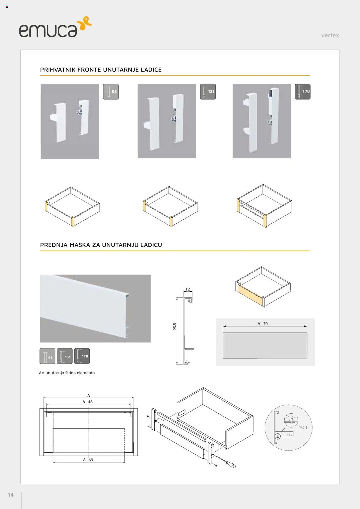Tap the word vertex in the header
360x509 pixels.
[330, 35]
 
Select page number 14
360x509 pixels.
[11, 495]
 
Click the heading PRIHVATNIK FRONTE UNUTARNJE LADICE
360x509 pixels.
[101, 70]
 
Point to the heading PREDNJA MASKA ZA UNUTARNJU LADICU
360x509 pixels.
[101, 245]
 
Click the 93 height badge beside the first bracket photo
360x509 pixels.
[111, 92]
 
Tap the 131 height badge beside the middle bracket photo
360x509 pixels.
[208, 92]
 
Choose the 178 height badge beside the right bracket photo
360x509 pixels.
[303, 92]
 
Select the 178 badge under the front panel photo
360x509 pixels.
[82, 356]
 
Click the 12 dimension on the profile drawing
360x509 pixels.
[188, 289]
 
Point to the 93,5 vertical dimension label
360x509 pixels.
[175, 326]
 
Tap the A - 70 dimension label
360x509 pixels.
[263, 324]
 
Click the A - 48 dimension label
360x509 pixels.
[87, 402]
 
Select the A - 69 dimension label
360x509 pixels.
[88, 460]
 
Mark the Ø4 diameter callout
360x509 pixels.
[304, 427]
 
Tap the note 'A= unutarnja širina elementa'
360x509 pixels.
[67, 373]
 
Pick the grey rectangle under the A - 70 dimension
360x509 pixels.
[265, 345]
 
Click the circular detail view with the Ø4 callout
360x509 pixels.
[288, 427]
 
